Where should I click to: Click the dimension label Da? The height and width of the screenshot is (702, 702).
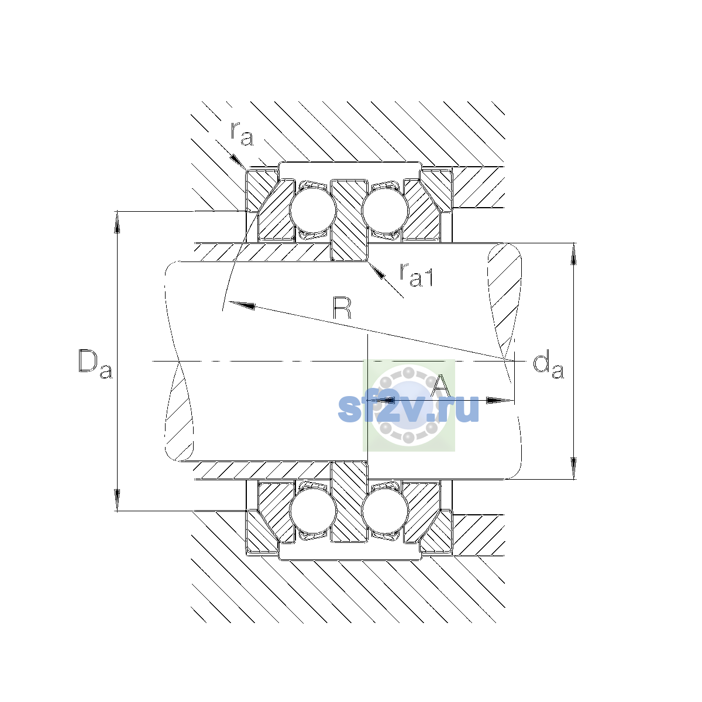[x=95, y=364]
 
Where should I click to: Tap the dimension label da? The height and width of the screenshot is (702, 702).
[x=548, y=364]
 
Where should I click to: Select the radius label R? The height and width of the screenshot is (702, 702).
[x=342, y=308]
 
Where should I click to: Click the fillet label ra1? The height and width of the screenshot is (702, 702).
[x=417, y=275]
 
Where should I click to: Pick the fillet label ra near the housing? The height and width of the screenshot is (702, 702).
[x=242, y=134]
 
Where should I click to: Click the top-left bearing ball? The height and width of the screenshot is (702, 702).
[x=312, y=210]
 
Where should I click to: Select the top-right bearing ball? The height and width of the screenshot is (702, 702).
[x=385, y=210]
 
